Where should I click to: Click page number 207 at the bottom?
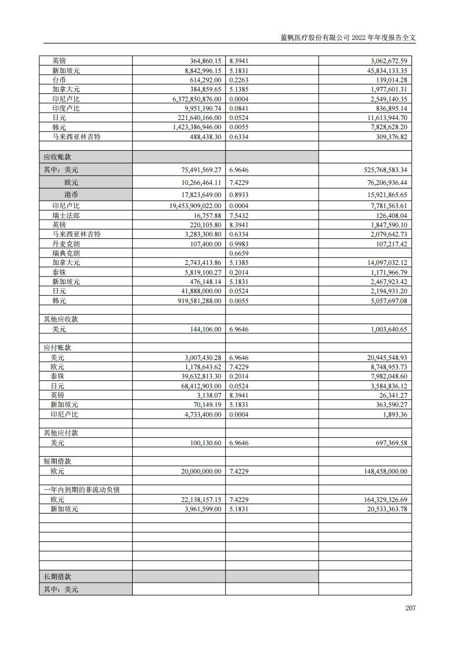pos(410,608)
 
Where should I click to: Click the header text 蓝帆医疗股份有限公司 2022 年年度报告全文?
pos(348,37)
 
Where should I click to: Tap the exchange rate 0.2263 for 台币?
pos(239,80)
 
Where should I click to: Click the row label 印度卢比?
pos(66,108)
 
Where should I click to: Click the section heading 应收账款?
pos(57,157)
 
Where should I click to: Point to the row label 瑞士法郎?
pos(66,215)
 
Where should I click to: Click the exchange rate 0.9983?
pos(239,243)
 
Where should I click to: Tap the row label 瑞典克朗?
pos(66,253)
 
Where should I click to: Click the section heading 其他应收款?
pos(61,319)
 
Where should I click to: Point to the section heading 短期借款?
pos(57,461)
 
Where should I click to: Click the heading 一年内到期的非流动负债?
pos(82,490)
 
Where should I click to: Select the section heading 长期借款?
pos(57,577)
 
